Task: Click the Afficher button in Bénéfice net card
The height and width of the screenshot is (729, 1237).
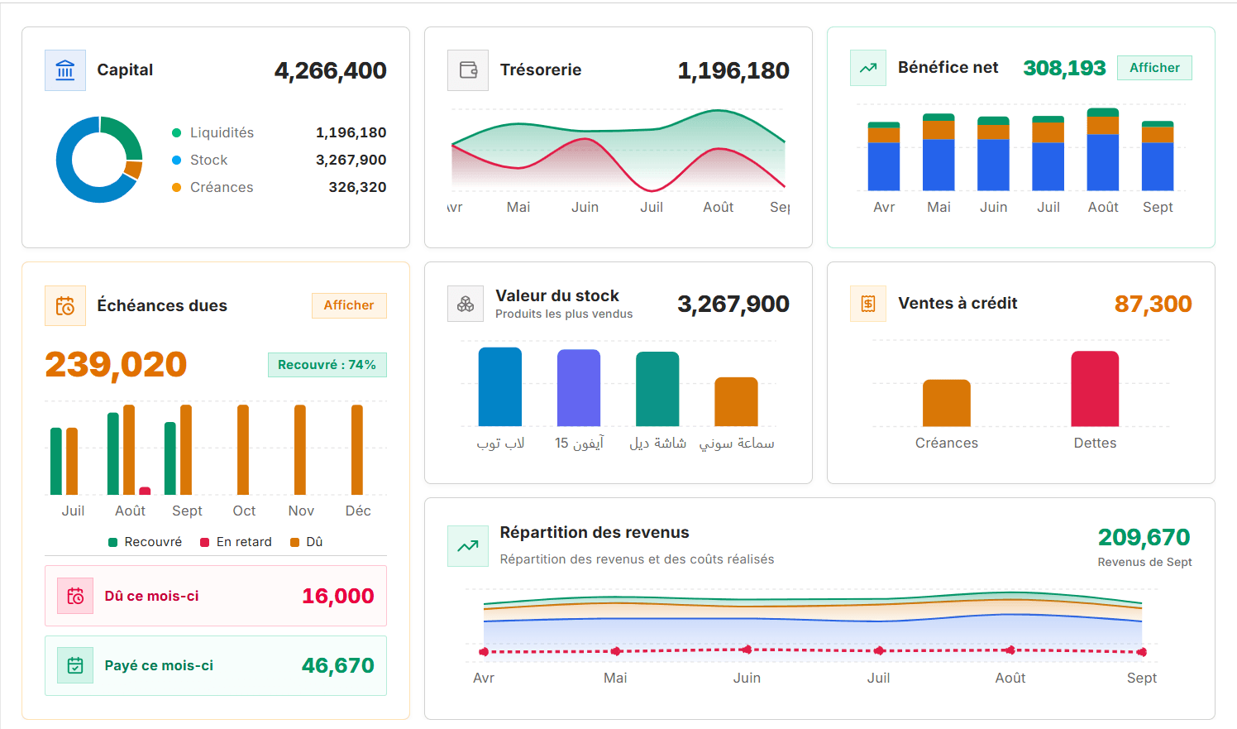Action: coord(1154,68)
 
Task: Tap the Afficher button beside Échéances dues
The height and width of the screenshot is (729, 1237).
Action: coord(349,305)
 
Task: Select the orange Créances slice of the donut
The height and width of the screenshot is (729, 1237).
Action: coord(134,169)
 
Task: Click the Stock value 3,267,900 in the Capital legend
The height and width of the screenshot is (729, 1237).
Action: coord(351,160)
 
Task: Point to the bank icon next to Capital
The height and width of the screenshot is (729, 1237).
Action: coord(65,70)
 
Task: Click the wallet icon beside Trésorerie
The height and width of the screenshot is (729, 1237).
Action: coord(468,70)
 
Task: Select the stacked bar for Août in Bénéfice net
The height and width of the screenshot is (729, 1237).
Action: coord(1103,149)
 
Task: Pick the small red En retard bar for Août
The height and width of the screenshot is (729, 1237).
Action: coord(145,491)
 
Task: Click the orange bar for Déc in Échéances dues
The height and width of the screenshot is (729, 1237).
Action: coord(357,449)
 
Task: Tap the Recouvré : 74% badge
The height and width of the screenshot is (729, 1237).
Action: coord(327,365)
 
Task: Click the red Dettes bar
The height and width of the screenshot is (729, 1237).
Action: coord(1095,389)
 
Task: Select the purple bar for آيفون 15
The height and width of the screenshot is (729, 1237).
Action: coord(579,387)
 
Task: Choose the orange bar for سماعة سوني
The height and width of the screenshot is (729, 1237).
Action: coord(736,402)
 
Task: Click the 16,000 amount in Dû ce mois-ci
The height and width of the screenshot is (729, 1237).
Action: coord(338,596)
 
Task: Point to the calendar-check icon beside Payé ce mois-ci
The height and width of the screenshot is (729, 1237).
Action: coord(75,665)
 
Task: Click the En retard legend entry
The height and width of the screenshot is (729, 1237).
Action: coord(236,542)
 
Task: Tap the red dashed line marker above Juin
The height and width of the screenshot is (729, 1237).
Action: coord(747,650)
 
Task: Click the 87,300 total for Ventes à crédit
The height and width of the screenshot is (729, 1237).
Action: coord(1153,304)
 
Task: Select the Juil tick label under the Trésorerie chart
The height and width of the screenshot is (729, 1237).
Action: coord(652,207)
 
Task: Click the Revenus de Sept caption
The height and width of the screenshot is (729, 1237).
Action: coord(1144,562)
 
